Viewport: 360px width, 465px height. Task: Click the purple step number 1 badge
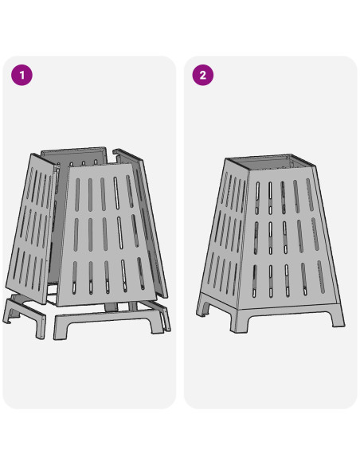[22, 75]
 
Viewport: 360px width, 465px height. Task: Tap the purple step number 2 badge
[203, 75]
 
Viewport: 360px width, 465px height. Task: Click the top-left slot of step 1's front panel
[77, 194]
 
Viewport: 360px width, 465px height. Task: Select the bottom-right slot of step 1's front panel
[141, 273]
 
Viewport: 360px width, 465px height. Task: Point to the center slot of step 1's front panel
[105, 234]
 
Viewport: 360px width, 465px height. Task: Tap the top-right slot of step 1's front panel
[130, 191]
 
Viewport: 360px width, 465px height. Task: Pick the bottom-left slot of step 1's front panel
[74, 278]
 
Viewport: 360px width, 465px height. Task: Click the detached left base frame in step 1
[25, 317]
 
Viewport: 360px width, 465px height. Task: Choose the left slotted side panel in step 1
[30, 229]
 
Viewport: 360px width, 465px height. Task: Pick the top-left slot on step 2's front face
[257, 197]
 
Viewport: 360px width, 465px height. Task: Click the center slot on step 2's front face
[284, 237]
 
